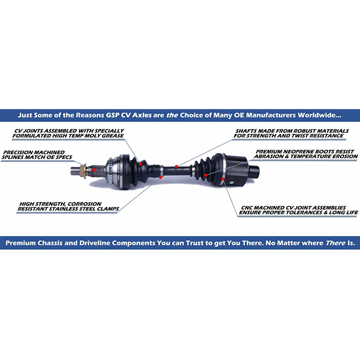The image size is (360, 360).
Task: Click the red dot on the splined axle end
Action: tap(93, 170)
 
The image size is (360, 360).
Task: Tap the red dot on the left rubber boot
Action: tap(140, 163)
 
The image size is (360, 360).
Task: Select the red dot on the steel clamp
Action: tap(161, 177)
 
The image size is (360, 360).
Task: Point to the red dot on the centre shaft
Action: tap(176, 166)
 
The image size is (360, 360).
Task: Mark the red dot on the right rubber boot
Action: tap(205, 175)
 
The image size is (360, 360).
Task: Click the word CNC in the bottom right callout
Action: tap(246, 208)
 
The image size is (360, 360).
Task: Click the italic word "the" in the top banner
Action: tap(171, 115)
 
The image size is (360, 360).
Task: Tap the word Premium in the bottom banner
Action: tap(20, 243)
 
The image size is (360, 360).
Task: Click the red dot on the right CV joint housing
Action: tap(222, 179)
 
